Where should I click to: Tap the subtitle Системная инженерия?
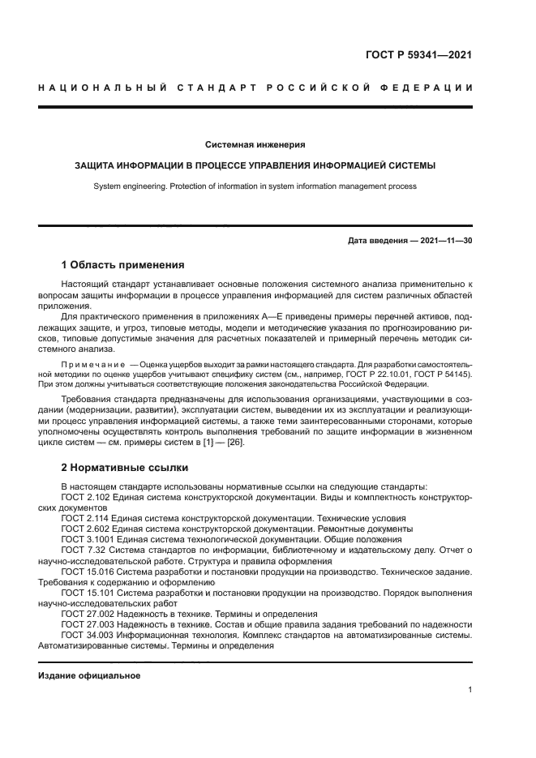point(255,144)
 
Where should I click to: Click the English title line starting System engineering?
point(255,186)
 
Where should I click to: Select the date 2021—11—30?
point(446,241)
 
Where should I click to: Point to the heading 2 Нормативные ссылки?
point(125,468)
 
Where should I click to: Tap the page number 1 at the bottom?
point(470,690)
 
